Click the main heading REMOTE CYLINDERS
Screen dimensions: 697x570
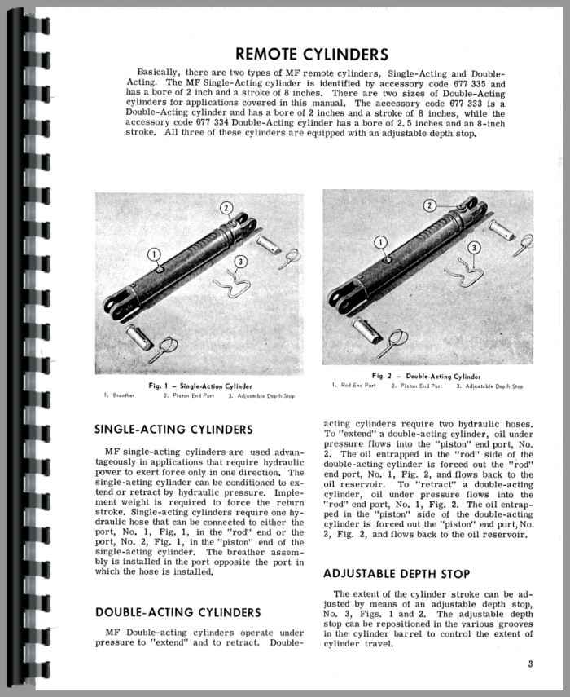click(311, 55)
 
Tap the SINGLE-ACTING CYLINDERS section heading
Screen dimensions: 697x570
click(174, 429)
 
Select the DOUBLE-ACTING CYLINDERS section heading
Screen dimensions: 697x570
click(178, 612)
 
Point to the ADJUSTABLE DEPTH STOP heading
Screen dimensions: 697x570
click(397, 573)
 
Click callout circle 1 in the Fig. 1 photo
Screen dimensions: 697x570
click(155, 254)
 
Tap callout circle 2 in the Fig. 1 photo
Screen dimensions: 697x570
click(226, 208)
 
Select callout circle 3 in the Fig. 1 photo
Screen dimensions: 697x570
click(239, 262)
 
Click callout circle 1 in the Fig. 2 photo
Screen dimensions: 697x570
click(379, 243)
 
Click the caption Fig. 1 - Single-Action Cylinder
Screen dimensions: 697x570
click(200, 386)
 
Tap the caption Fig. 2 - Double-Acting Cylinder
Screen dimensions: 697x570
click(427, 376)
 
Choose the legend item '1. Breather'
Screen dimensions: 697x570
click(120, 395)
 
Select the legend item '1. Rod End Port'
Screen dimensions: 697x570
click(353, 386)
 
